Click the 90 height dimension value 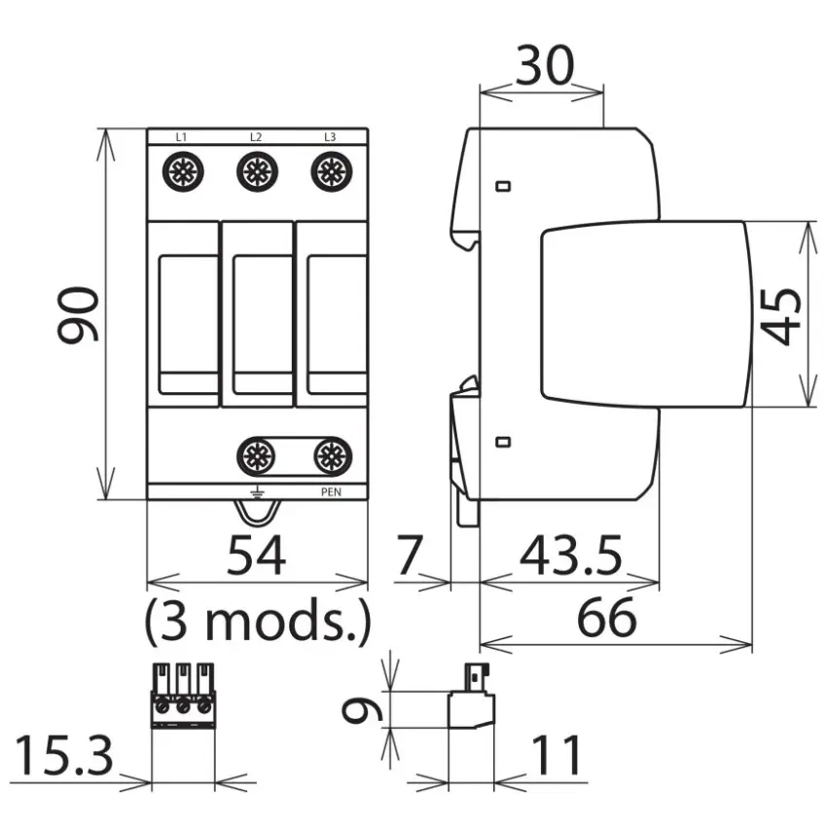[78, 315]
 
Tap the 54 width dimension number [256, 555]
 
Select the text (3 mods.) [258, 622]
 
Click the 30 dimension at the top [544, 65]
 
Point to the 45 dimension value [780, 316]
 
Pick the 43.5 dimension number [571, 555]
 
